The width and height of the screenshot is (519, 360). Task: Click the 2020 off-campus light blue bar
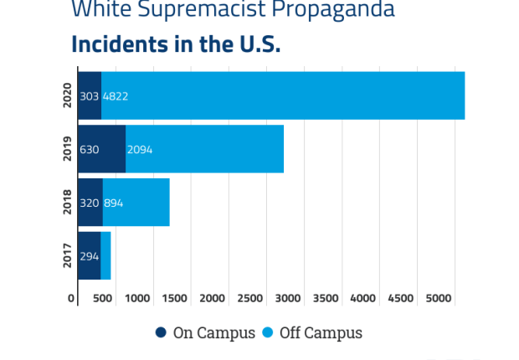point(285,95)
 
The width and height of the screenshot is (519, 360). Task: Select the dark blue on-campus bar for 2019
point(101,149)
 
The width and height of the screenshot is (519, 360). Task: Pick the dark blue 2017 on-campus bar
point(89,255)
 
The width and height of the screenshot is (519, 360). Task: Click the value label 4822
point(116,96)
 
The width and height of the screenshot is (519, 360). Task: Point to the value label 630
point(90,150)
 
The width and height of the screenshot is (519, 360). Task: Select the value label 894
point(113,203)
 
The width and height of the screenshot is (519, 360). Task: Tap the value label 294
point(90,256)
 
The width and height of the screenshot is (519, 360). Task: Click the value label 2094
point(140,150)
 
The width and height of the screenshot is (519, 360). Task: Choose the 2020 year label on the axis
point(68,95)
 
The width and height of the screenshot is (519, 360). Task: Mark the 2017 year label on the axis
point(68,255)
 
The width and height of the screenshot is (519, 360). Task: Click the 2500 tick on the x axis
point(250,298)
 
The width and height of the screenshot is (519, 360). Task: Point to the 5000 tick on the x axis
point(438,298)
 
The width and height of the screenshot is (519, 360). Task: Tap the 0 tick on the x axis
point(72,298)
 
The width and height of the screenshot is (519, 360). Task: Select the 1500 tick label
point(175,298)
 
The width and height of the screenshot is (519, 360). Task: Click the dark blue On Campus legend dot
point(162,332)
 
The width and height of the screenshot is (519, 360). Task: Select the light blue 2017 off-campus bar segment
point(105,255)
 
